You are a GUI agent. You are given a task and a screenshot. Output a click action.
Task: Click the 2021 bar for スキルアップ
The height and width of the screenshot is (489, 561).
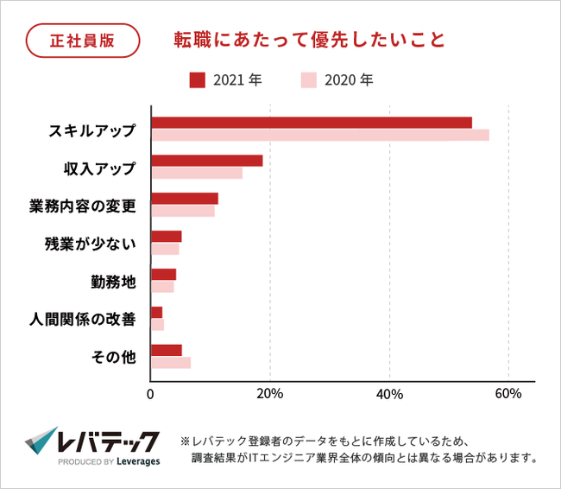pos(312,122)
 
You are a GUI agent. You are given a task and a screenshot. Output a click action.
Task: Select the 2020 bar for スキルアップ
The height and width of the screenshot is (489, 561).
pos(320,135)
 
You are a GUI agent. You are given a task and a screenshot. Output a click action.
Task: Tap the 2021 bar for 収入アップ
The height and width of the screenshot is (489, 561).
pos(207,161)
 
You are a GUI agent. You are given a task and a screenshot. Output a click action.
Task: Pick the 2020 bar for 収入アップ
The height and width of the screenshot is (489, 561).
pos(197,173)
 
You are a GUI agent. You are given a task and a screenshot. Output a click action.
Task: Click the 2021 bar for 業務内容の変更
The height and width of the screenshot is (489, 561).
pos(185,199)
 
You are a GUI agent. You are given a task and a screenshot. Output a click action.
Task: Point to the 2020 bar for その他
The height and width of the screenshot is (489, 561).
pos(171,363)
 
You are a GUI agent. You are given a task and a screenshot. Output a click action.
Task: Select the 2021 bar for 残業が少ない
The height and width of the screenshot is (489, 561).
pos(167,237)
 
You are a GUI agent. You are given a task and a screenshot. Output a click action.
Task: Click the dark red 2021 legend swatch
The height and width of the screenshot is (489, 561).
pos(197,80)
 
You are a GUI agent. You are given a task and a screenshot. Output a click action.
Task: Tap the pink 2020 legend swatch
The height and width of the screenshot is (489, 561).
pos(309,80)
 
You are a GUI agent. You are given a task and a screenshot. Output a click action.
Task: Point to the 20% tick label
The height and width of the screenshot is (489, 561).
pos(271,395)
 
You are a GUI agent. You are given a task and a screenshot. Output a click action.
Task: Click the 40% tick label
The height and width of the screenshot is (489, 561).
pos(390,395)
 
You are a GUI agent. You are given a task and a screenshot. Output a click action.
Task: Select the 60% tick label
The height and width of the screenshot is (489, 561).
pos(508,395)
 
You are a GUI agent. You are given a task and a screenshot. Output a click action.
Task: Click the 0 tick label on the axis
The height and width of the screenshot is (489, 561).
pos(151,395)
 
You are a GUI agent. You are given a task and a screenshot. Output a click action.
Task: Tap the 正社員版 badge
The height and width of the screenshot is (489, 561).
pos(82,40)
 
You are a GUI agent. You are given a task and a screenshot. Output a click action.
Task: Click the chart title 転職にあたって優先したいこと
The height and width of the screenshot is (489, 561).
pos(297,40)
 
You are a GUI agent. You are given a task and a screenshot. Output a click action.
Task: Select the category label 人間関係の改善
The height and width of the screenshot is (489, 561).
pos(83,319)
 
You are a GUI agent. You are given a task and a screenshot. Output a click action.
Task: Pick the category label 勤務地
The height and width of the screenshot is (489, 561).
pos(113,281)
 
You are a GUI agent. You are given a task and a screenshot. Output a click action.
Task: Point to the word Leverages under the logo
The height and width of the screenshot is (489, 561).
pos(132,461)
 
